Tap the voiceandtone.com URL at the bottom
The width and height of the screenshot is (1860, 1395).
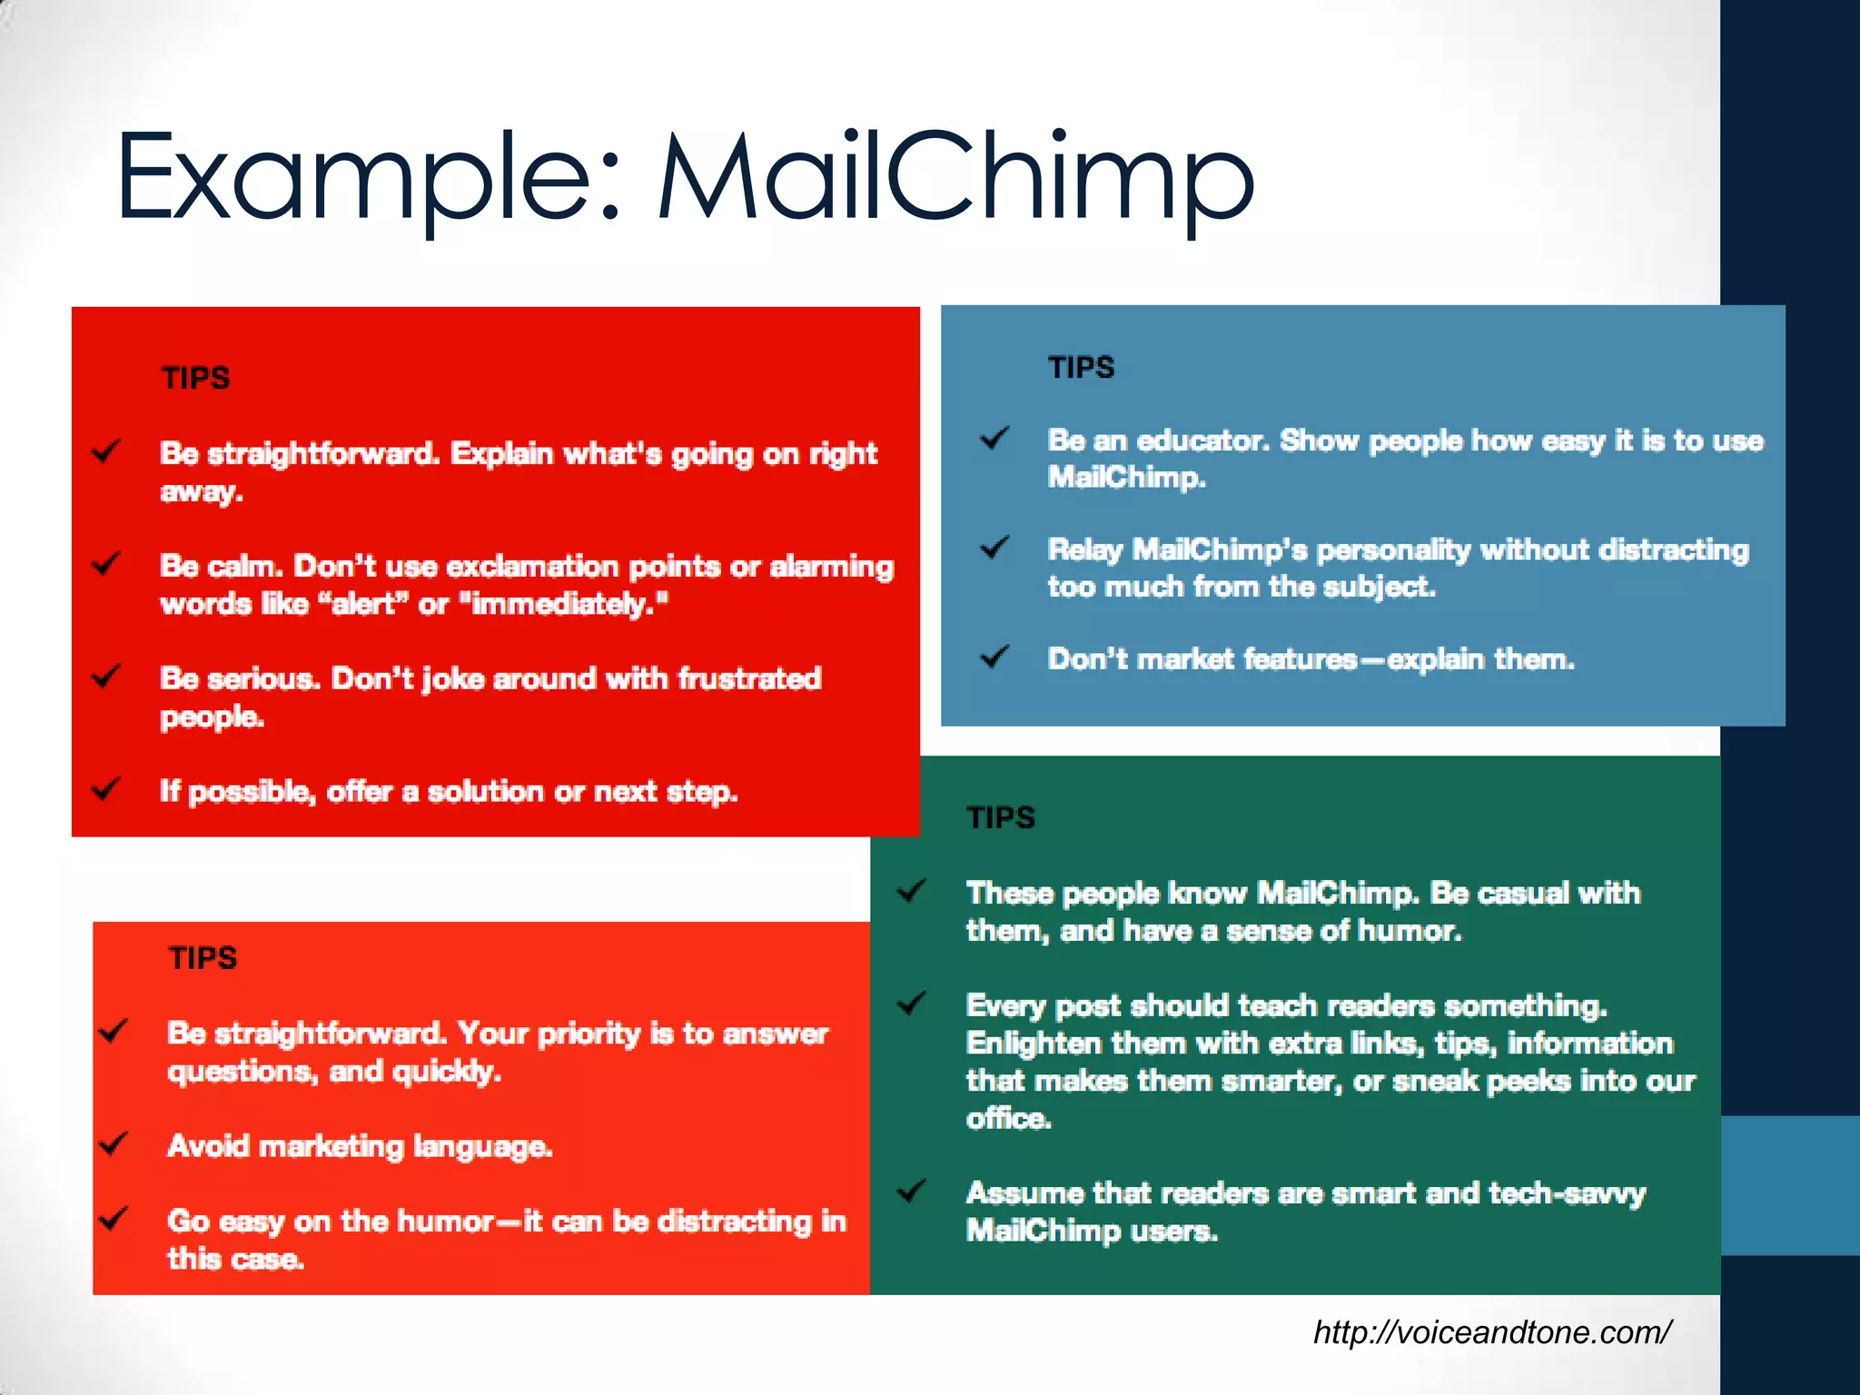click(1491, 1332)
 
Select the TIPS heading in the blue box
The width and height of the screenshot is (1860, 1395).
click(1081, 368)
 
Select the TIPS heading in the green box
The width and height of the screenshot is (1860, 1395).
click(1001, 817)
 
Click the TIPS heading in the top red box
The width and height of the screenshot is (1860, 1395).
click(195, 378)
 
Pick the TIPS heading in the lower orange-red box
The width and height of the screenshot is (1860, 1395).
click(203, 958)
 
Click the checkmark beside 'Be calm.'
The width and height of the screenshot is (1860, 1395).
click(106, 564)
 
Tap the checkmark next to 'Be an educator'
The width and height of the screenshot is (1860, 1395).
click(994, 439)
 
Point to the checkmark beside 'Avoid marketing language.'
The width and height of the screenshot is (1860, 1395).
click(113, 1143)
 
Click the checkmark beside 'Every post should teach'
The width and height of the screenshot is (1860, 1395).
click(911, 1004)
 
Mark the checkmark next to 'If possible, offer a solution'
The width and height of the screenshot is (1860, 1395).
click(106, 788)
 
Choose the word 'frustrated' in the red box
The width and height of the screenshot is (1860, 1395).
click(749, 678)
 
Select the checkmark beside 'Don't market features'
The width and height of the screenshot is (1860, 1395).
click(994, 657)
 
